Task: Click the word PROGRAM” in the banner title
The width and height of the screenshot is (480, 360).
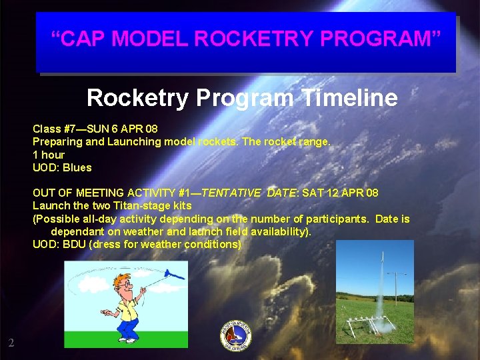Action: [381, 39]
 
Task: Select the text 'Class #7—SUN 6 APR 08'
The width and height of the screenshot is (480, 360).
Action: [95, 128]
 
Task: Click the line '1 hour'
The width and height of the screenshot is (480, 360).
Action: [49, 155]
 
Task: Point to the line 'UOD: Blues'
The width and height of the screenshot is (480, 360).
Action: [62, 167]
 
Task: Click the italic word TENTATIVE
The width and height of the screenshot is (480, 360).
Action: [231, 193]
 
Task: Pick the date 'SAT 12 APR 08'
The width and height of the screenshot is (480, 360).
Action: [340, 193]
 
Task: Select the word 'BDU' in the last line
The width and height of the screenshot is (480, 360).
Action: [74, 244]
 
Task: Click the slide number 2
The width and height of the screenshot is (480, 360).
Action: [11, 343]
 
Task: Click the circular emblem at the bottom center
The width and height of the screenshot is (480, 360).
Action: [236, 335]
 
